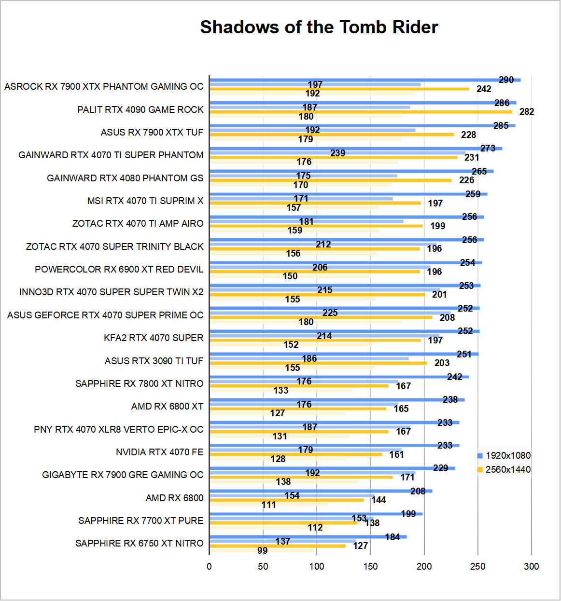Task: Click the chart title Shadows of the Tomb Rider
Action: (319, 27)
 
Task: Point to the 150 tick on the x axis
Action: (370, 566)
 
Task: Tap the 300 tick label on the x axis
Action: (531, 566)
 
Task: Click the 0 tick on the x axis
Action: (209, 566)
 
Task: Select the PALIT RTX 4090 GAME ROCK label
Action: (140, 109)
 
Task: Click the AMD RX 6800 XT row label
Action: (167, 406)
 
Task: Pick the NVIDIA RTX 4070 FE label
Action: (159, 452)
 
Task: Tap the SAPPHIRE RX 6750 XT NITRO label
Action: (139, 543)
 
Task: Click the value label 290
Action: (506, 80)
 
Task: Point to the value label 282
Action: (527, 111)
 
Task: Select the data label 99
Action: (262, 550)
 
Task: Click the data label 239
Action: (337, 153)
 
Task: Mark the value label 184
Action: (392, 537)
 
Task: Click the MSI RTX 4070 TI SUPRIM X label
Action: (145, 201)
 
